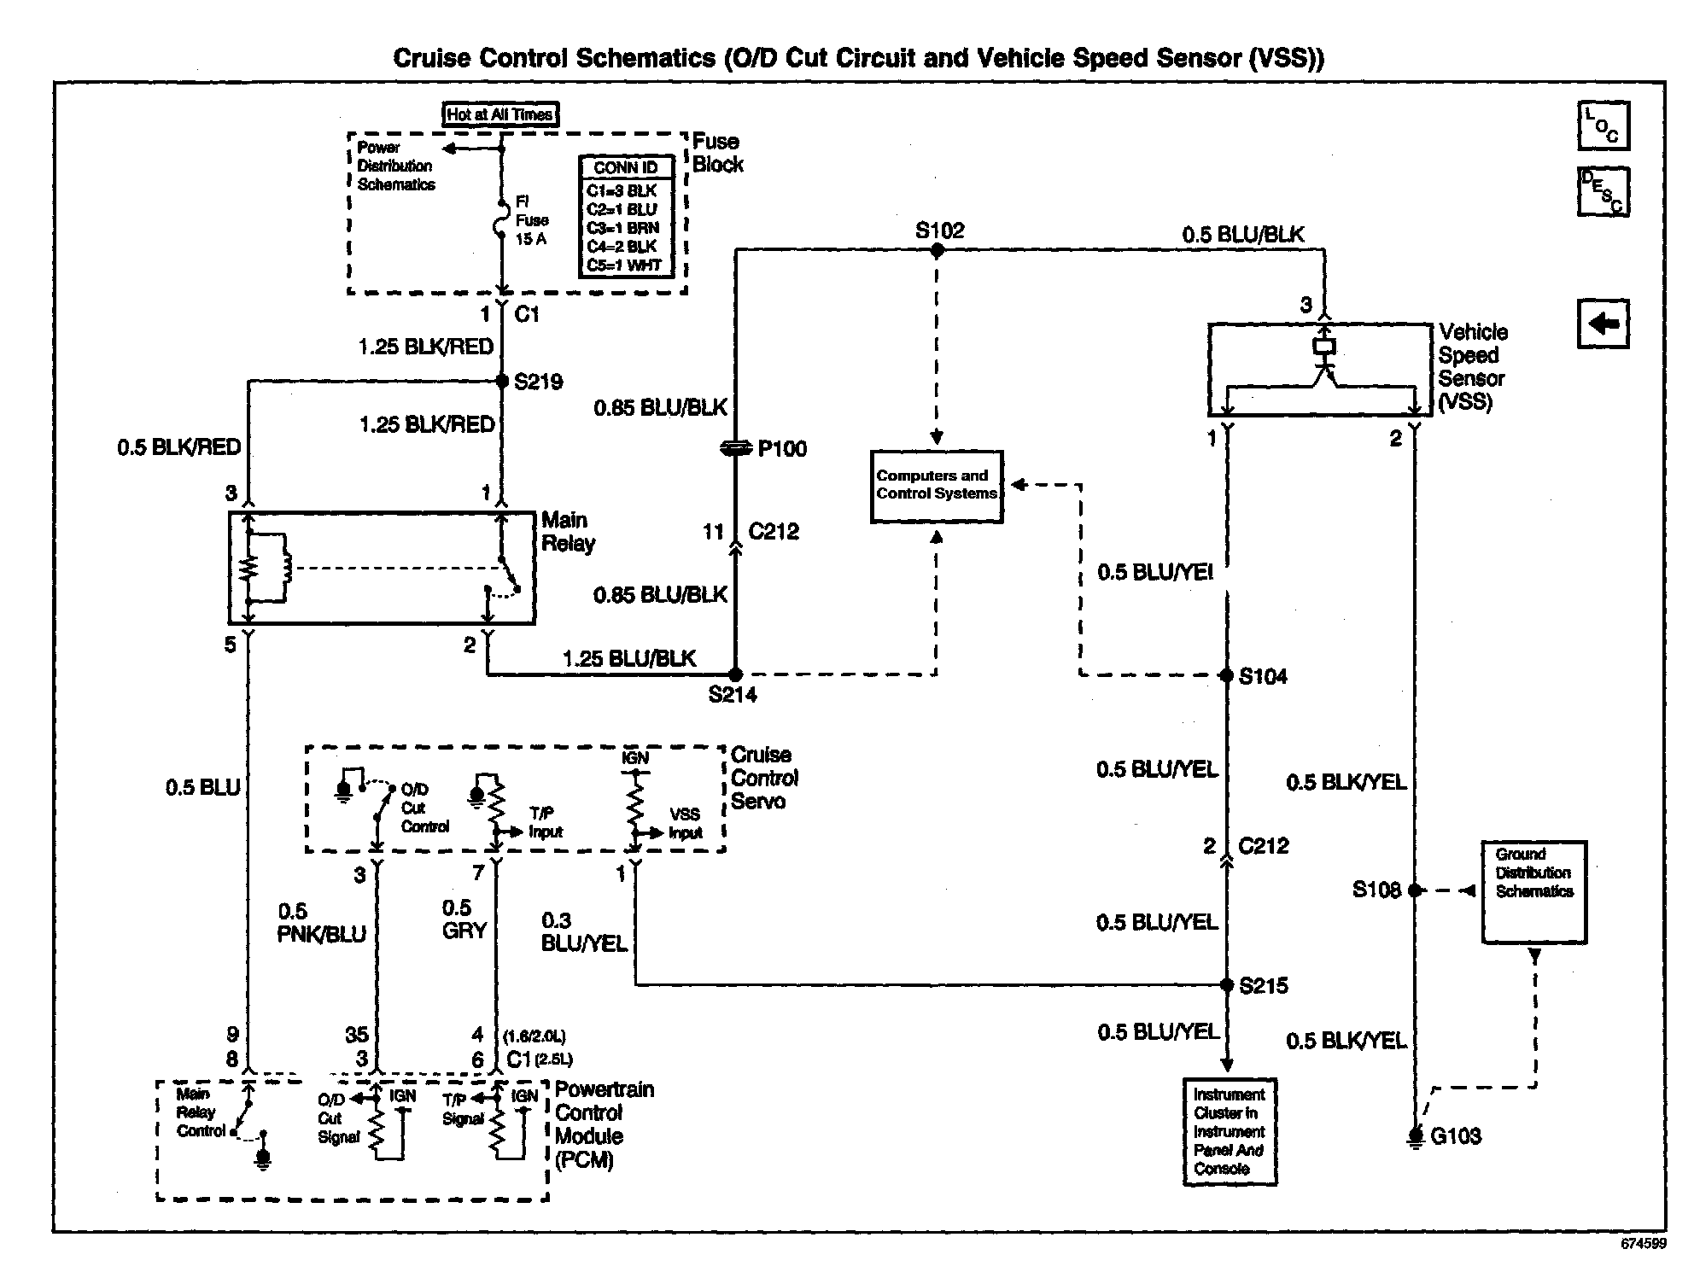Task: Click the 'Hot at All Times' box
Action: pyautogui.click(x=500, y=114)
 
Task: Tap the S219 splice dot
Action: pyautogui.click(x=502, y=381)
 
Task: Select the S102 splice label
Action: pyautogui.click(x=939, y=231)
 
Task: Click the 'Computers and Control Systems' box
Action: pyautogui.click(x=937, y=486)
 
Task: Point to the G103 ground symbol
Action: pyautogui.click(x=1415, y=1136)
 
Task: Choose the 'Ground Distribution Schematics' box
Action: pyautogui.click(x=1534, y=892)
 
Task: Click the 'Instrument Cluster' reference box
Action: pyautogui.click(x=1230, y=1132)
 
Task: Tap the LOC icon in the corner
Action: pyautogui.click(x=1603, y=125)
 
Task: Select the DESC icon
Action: pyautogui.click(x=1603, y=192)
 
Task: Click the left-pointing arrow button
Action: pyautogui.click(x=1603, y=324)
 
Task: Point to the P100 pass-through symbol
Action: pyautogui.click(x=736, y=448)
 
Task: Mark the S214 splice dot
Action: pyautogui.click(x=735, y=674)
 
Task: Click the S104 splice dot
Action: pyautogui.click(x=1226, y=675)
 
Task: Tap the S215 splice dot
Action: pyautogui.click(x=1226, y=985)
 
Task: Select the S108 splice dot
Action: pyautogui.click(x=1415, y=890)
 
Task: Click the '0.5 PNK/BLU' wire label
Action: pyautogui.click(x=321, y=923)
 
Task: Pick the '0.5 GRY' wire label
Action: pyautogui.click(x=464, y=919)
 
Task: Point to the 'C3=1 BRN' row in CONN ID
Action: pyautogui.click(x=623, y=228)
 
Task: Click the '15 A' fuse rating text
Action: pyautogui.click(x=531, y=239)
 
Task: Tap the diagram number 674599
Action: pyautogui.click(x=1644, y=1244)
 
